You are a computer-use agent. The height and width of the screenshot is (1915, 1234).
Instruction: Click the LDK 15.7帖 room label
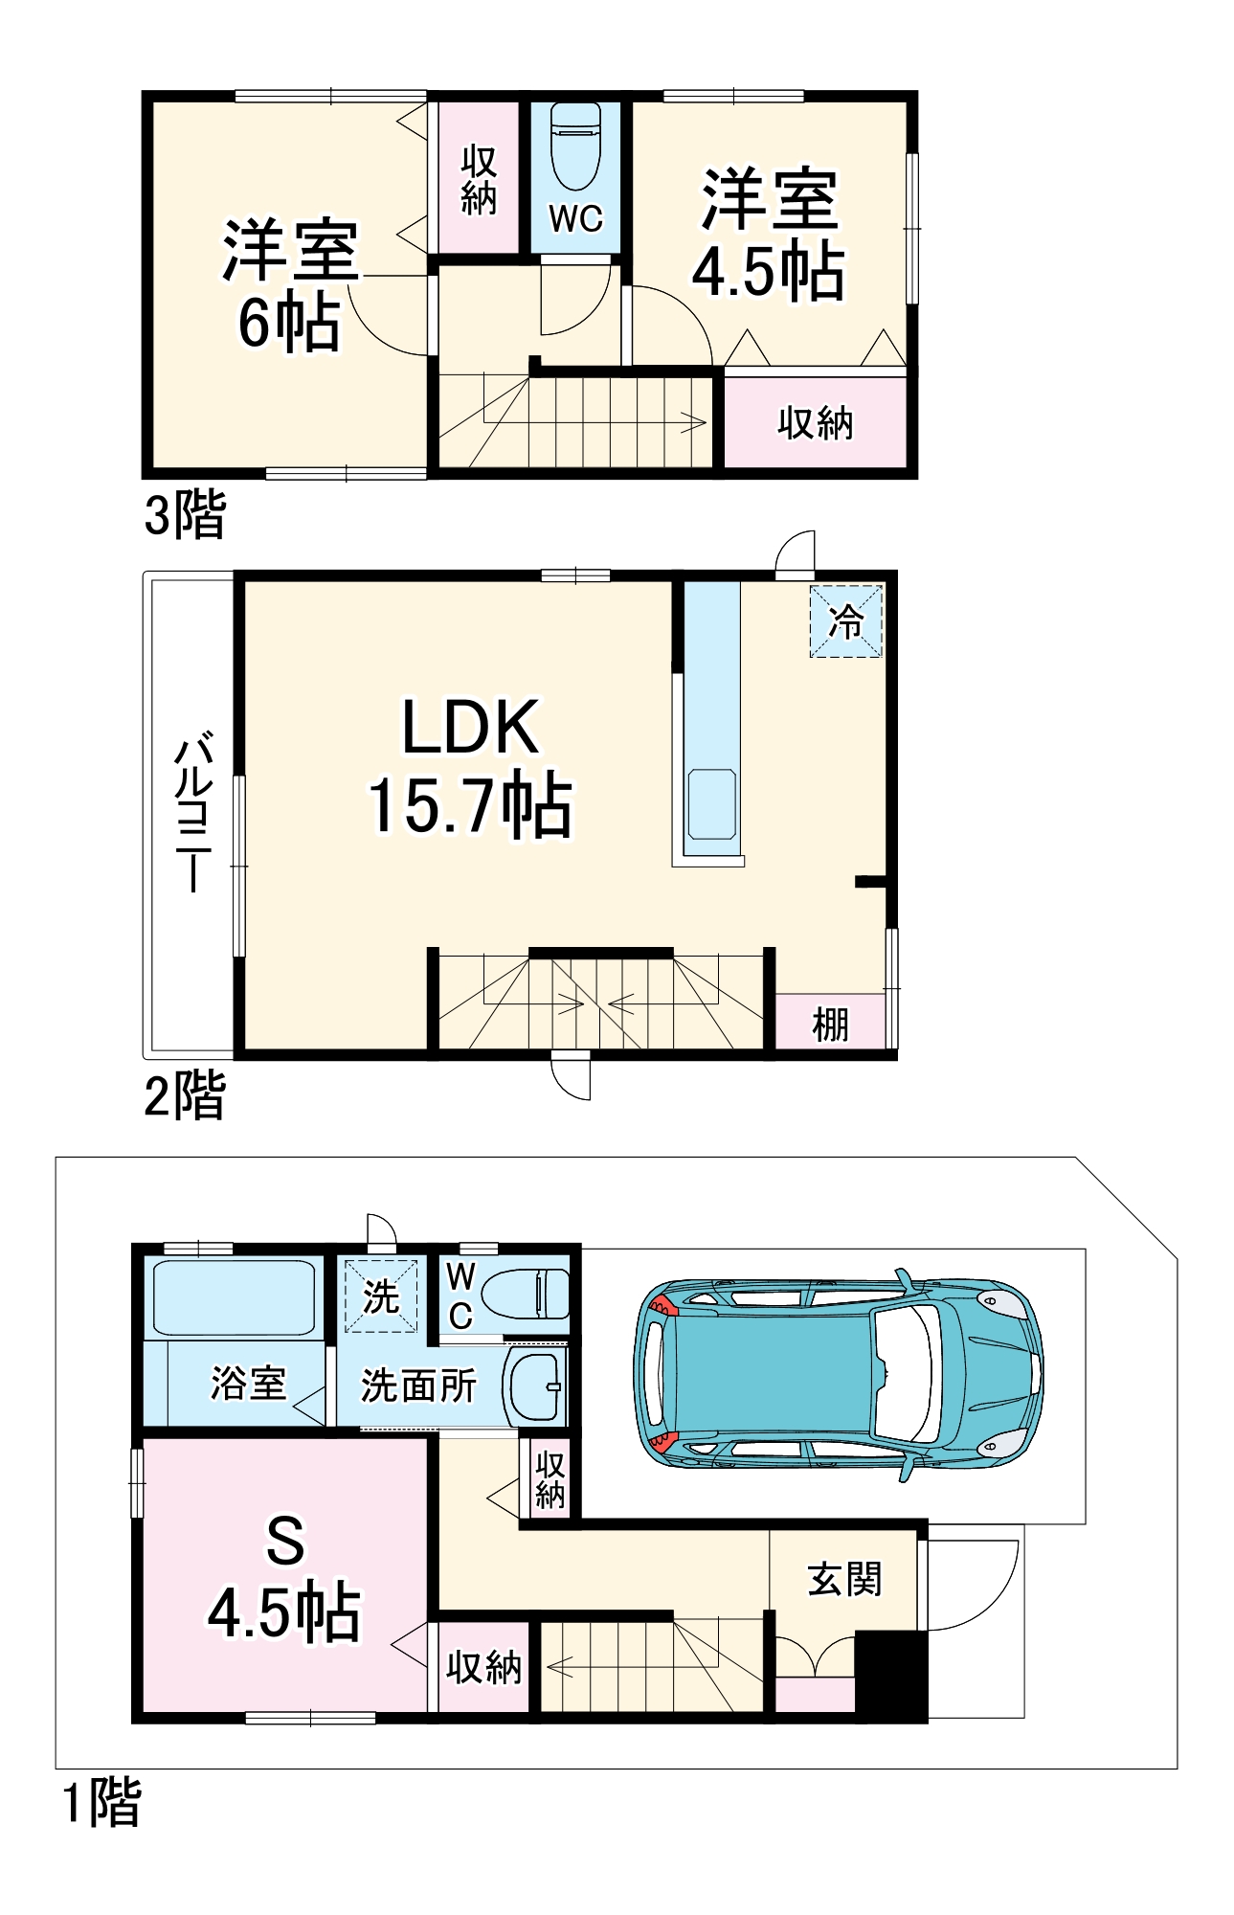[470, 767]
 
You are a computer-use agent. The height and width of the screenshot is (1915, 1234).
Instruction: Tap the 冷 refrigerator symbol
[846, 621]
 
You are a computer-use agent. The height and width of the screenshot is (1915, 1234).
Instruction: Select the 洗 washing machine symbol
[381, 1296]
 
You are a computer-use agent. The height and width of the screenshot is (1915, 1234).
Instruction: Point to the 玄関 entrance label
[844, 1580]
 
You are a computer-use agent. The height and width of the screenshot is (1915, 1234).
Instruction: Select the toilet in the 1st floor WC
[525, 1294]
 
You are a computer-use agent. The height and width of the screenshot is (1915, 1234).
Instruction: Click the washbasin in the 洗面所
[535, 1386]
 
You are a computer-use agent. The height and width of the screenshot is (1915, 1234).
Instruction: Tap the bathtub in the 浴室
[234, 1297]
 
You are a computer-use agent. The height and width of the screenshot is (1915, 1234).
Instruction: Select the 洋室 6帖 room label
[290, 284]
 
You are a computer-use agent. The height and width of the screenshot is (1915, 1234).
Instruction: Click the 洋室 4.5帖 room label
[769, 234]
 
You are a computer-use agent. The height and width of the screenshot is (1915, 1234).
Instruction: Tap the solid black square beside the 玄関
[891, 1676]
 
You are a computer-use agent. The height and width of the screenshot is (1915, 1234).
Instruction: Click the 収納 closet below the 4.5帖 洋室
[815, 422]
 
